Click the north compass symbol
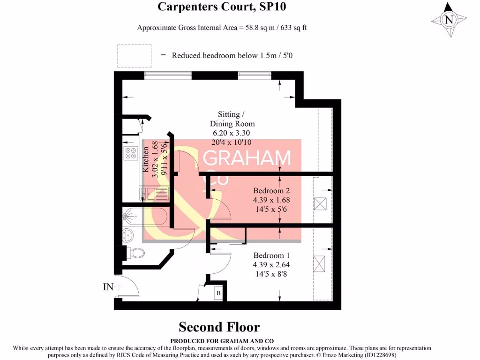click(449, 19)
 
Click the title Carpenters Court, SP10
click(222, 7)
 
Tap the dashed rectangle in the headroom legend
click(134, 55)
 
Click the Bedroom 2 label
click(271, 191)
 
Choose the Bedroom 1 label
click(271, 255)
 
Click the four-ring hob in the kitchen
click(130, 153)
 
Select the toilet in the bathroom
click(136, 254)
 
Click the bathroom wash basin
click(127, 233)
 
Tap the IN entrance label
click(108, 287)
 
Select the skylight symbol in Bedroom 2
click(321, 204)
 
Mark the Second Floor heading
click(219, 327)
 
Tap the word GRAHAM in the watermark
click(247, 158)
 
